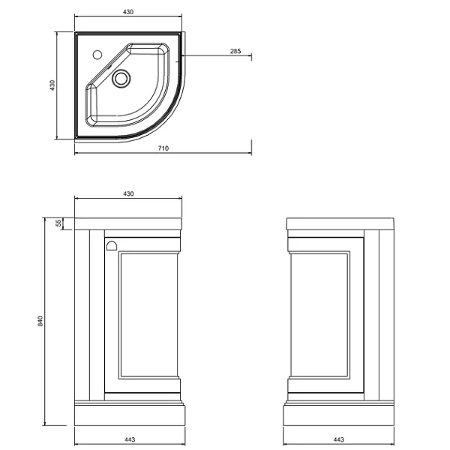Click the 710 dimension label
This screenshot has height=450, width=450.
[163, 148]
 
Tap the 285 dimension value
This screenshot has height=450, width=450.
[235, 51]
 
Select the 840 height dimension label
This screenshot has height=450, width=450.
[40, 321]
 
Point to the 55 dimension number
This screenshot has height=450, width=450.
[58, 223]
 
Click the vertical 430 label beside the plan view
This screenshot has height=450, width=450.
[52, 85]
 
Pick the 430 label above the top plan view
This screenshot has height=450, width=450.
[128, 12]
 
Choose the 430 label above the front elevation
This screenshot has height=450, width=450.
[128, 194]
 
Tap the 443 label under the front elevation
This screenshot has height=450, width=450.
[130, 439]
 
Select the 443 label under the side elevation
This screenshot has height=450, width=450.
[339, 439]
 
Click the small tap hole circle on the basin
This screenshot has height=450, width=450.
[97, 55]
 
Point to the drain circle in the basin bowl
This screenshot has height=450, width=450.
[121, 78]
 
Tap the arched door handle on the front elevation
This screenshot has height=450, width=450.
[111, 246]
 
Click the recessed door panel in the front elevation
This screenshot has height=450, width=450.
[149, 315]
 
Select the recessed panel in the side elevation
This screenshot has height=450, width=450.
[320, 315]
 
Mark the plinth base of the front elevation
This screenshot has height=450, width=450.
[130, 415]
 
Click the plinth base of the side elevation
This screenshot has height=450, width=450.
[339, 415]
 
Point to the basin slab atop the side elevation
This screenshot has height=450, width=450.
[340, 223]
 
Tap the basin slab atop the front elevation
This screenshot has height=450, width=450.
[128, 223]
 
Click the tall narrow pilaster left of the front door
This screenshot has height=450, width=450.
[97, 315]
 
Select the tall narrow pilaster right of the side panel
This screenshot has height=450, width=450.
[372, 315]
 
